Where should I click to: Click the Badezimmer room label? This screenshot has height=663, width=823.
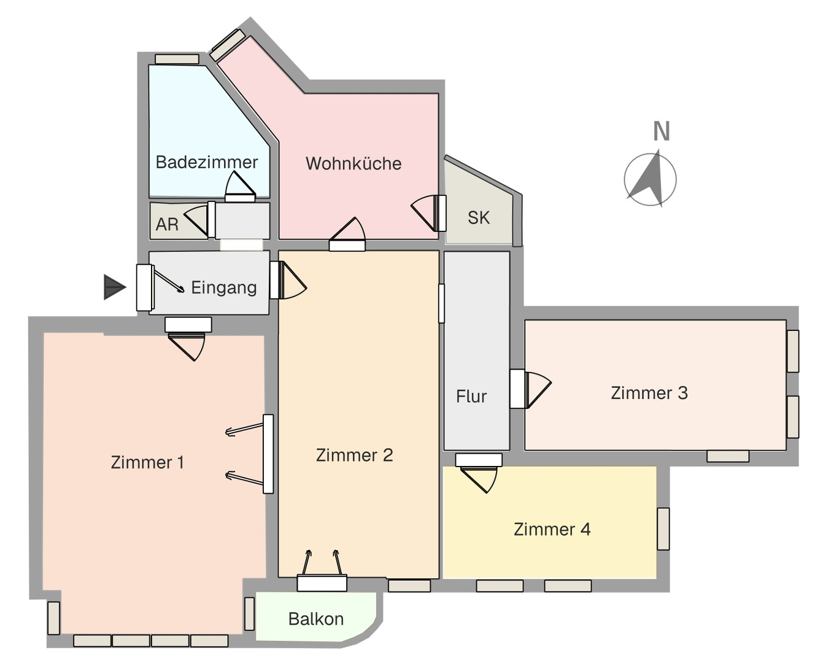pos(206,162)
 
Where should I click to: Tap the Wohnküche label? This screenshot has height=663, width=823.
pos(354,164)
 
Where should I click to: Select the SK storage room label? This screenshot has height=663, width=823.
pos(479,218)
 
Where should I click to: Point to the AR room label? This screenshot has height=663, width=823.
pos(167,224)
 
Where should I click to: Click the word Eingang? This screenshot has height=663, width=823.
pos(224,288)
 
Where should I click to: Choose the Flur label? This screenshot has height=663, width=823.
pos(471,397)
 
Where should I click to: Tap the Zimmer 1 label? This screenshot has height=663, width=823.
pos(147,462)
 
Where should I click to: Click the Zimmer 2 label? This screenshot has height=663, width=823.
pos(354,456)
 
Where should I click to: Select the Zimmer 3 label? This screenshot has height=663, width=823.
pos(649,393)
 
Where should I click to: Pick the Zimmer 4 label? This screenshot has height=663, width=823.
pos(552,530)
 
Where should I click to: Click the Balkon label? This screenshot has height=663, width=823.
pos(316,619)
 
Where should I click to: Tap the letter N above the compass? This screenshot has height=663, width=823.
pos(661,131)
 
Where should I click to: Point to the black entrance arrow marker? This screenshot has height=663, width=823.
pos(115,287)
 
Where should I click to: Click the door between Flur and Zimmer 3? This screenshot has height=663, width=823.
pos(530,389)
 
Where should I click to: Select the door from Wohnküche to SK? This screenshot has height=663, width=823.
pos(429,213)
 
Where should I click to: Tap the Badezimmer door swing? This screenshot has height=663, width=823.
pos(240,187)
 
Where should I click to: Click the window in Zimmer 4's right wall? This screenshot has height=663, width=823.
pos(663,529)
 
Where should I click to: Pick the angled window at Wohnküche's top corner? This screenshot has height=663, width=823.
pos(228,45)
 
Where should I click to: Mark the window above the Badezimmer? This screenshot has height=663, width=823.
pos(177,59)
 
